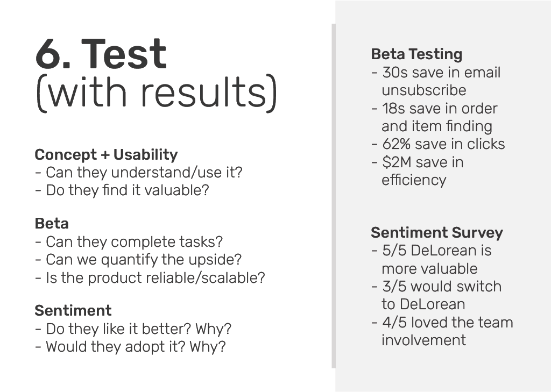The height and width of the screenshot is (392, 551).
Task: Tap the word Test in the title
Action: tap(124, 54)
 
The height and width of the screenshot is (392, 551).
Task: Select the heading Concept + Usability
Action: tap(106, 154)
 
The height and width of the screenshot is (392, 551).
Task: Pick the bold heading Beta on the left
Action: tap(52, 223)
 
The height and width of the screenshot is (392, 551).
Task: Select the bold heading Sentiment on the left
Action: tap(73, 310)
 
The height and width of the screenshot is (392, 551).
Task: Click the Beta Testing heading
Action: tap(417, 54)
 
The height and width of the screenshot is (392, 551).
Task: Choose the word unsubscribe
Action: tap(424, 90)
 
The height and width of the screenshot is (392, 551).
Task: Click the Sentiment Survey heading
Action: tap(437, 232)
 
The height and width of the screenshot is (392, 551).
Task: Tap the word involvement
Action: tap(424, 340)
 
